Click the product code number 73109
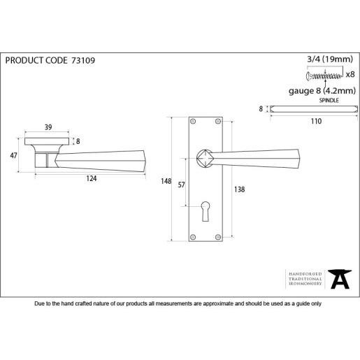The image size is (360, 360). pos(83,61)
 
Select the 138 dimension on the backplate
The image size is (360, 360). pos(238,189)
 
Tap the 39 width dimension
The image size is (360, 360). pos(48,127)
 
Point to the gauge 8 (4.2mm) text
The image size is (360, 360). pos(322,90)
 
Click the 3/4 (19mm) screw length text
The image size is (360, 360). pos(331,61)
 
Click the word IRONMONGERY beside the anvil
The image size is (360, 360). pos(305,284)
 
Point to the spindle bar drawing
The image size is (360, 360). pos(314,109)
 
